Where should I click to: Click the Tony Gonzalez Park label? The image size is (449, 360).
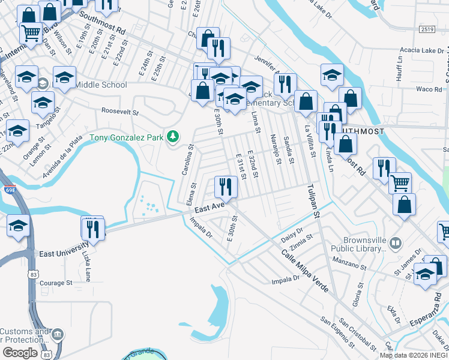127,138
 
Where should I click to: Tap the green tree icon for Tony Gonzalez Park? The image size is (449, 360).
173,137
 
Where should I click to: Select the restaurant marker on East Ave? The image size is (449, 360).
226,186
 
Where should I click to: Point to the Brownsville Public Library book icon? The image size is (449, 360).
395,244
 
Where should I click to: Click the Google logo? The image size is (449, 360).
20,352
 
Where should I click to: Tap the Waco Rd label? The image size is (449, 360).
429,89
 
